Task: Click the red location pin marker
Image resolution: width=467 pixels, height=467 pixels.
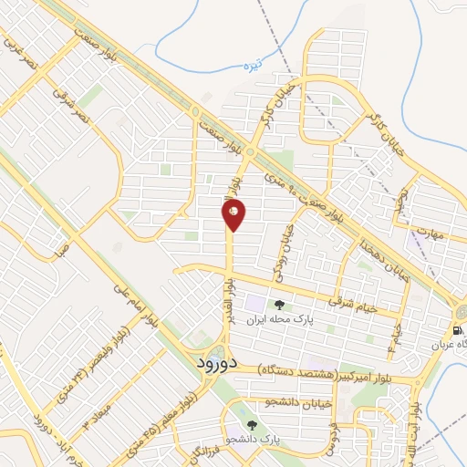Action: tap(233, 214)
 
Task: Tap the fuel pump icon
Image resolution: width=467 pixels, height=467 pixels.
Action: tap(457, 329)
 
